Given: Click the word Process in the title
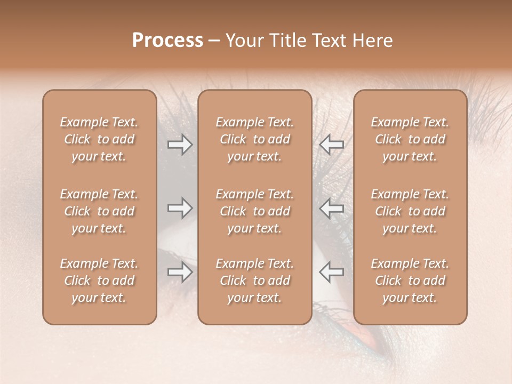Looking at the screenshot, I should [x=167, y=41].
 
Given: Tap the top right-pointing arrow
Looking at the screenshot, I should [x=180, y=145].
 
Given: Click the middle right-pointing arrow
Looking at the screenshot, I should [x=180, y=208].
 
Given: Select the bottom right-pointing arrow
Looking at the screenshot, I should [x=180, y=272].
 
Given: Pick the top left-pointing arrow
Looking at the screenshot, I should [x=331, y=145].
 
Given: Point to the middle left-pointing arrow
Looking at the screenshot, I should [x=331, y=208].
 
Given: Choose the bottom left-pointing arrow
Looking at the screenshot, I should [x=331, y=272].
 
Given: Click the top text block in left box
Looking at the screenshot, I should [x=99, y=139].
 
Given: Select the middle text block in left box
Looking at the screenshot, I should [x=99, y=211].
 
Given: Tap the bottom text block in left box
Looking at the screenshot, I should [x=99, y=281].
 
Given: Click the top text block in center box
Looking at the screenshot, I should [x=254, y=139].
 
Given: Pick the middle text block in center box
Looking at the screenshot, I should [x=254, y=211].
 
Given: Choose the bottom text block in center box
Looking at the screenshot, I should [x=254, y=281].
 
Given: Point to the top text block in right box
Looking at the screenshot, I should [x=410, y=139].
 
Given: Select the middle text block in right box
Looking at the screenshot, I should [x=410, y=211].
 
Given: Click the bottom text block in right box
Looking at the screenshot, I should [x=410, y=281].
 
